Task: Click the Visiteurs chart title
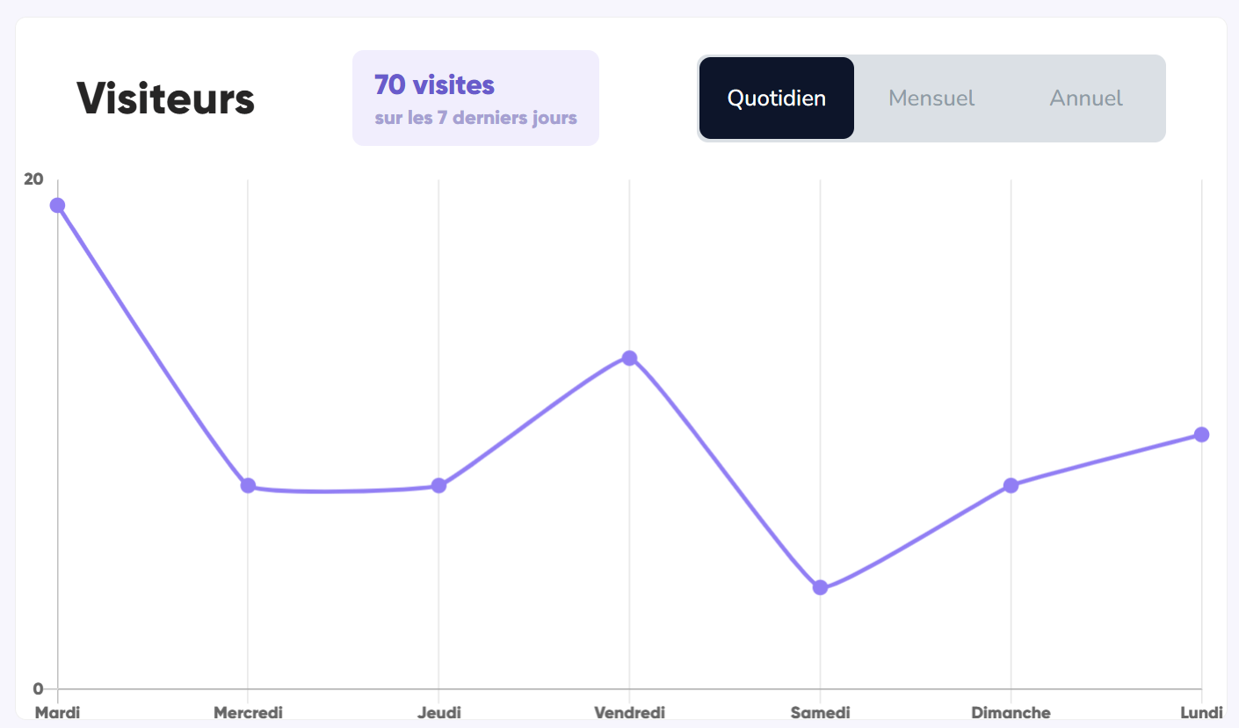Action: coord(165,98)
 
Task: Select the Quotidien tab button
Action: coord(777,98)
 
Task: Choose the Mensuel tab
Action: coord(931,98)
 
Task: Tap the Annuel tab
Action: coord(1086,98)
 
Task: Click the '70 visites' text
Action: coord(434,85)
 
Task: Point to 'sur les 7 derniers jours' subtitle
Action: coord(475,118)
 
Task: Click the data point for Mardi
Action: coord(57,206)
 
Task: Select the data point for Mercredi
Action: coord(248,485)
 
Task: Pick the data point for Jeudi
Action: coord(438,485)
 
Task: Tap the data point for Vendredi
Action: coord(629,358)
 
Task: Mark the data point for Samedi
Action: coord(820,587)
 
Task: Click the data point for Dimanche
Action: coord(1011,485)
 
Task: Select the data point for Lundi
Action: coord(1201,434)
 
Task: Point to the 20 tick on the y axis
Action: coord(33,179)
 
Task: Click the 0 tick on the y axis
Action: coord(38,688)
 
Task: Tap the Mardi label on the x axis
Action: coord(57,712)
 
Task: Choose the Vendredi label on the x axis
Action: coord(629,712)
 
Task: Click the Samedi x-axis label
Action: coord(820,712)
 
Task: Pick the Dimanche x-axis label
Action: coord(1011,712)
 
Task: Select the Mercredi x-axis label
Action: coord(248,712)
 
